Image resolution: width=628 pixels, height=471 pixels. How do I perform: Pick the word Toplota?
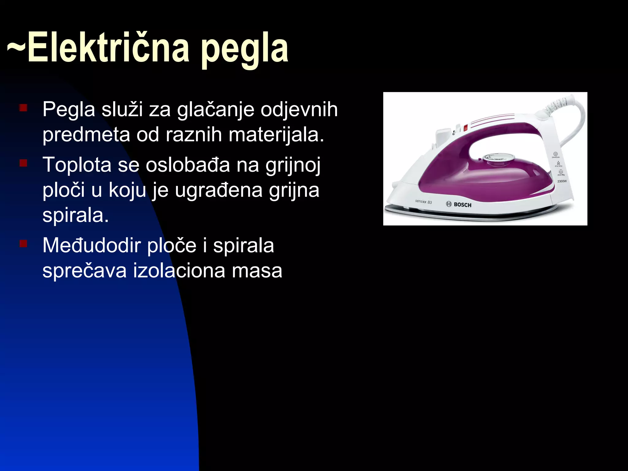click(77, 165)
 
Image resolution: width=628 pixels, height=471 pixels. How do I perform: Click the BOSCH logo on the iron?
click(459, 205)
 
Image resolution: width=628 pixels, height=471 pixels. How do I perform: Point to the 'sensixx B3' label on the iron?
click(423, 202)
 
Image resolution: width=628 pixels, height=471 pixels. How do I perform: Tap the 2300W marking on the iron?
click(562, 181)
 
